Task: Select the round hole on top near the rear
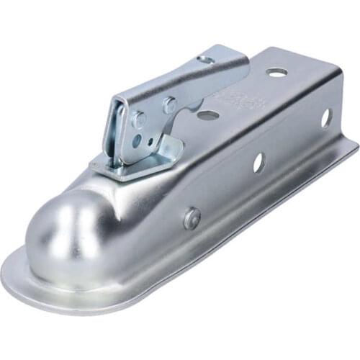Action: (x=276, y=72)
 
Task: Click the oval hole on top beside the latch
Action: (x=208, y=114)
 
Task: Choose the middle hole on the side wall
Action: (x=258, y=163)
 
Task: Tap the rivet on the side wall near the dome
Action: (x=192, y=218)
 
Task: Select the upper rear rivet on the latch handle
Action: (x=170, y=105)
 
